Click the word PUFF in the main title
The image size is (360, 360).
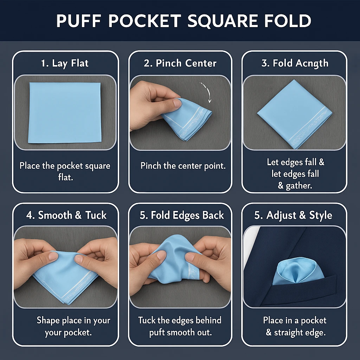pos(78,21)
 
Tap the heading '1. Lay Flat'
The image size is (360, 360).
pos(65,63)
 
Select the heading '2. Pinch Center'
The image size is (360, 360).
pos(180,63)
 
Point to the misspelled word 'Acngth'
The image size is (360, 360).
pos(312,64)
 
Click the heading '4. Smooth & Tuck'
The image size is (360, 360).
pos(66,215)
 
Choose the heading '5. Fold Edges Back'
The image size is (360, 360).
pos(182,215)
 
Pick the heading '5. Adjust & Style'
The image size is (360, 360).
pos(293,216)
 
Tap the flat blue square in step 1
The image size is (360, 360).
pos(65,113)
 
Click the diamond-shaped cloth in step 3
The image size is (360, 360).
pos(295,114)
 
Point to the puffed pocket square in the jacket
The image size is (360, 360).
pos(297,271)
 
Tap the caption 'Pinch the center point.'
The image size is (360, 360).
pos(183,166)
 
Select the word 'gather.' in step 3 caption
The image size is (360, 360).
pos(299,186)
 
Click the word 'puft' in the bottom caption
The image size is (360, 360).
pos(157,332)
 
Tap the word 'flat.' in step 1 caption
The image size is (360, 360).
pos(65,177)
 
